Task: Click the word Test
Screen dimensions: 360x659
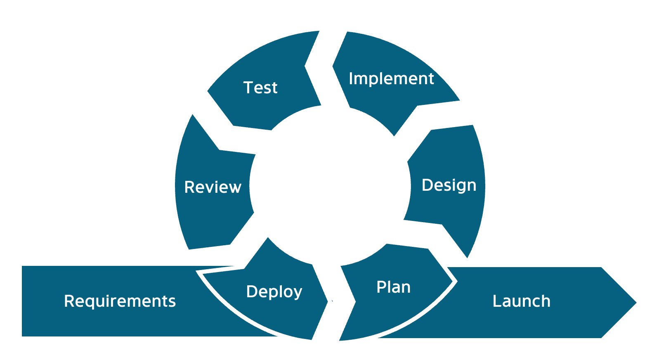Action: click(260, 88)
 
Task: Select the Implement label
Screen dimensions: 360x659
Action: click(391, 78)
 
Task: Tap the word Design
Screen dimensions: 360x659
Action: click(449, 185)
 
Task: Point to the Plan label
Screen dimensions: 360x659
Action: click(393, 287)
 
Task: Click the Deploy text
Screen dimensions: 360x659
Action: click(274, 291)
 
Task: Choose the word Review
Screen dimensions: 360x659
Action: click(213, 187)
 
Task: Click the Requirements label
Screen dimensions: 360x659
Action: click(120, 301)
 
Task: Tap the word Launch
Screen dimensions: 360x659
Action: click(521, 301)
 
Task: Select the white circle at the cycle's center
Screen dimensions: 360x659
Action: click(330, 186)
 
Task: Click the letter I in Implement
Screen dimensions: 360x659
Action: click(351, 78)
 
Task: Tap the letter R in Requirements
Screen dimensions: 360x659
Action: click(69, 301)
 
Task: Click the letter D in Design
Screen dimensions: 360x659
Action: click(427, 185)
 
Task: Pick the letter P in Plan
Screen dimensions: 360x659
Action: click(381, 287)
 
